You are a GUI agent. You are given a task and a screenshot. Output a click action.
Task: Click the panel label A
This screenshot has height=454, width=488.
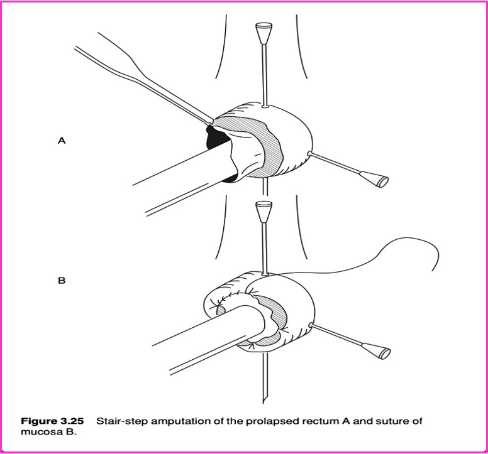pyautogui.click(x=62, y=141)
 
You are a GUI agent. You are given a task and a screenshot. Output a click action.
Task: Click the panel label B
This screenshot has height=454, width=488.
pyautogui.click(x=62, y=281)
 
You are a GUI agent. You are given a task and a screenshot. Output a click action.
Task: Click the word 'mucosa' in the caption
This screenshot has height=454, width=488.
pyautogui.click(x=38, y=431)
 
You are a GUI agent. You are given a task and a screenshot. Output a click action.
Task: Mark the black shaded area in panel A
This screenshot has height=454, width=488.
pyautogui.click(x=214, y=138)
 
